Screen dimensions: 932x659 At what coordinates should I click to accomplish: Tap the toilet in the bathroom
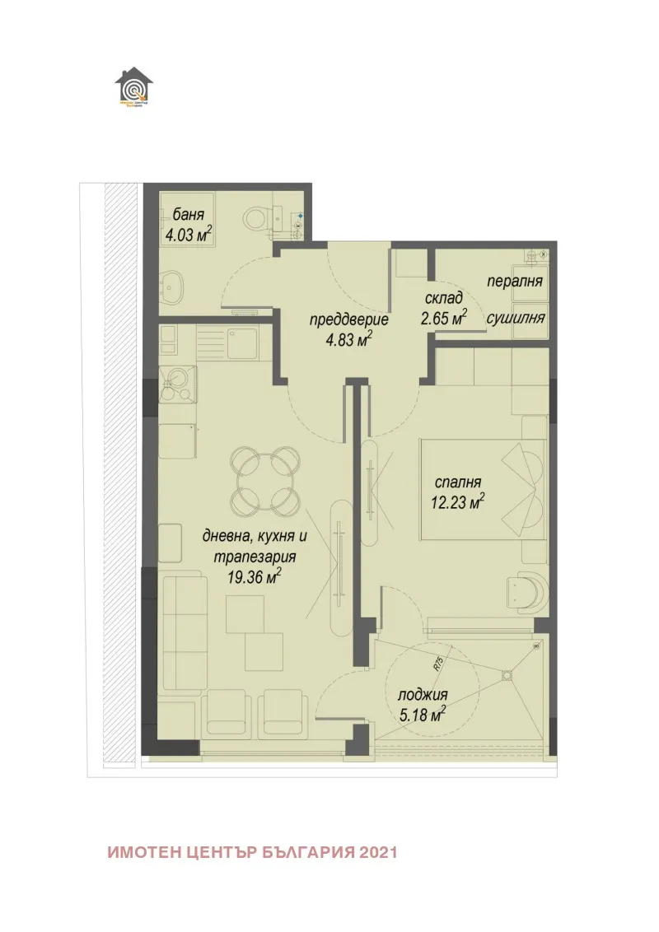[x=257, y=217]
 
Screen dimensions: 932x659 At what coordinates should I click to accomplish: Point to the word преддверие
[x=349, y=320]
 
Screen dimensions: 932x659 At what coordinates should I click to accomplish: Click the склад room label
[x=444, y=297]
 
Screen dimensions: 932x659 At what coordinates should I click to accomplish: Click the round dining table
[x=263, y=478]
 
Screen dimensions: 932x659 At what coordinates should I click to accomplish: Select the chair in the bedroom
[x=524, y=590]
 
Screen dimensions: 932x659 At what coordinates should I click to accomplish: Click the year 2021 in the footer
[x=379, y=852]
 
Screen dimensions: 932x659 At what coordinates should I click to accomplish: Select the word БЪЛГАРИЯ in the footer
[x=310, y=852]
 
